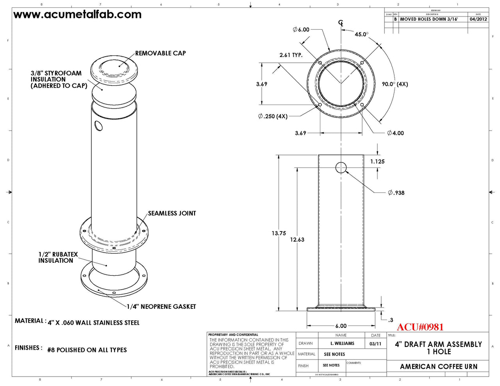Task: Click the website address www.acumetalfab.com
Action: click(x=77, y=15)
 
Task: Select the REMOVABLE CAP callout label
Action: click(x=160, y=53)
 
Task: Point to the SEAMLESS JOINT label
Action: click(x=172, y=213)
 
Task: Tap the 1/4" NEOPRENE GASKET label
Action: click(x=161, y=307)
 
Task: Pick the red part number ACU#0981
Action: click(x=420, y=327)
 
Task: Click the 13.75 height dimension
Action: click(x=279, y=233)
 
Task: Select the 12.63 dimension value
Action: click(x=297, y=240)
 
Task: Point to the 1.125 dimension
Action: click(x=377, y=161)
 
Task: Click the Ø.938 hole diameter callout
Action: click(x=396, y=193)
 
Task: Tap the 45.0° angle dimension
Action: click(x=361, y=34)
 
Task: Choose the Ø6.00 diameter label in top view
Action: click(x=301, y=30)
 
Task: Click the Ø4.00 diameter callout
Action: click(x=395, y=133)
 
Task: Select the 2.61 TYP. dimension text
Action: click(x=291, y=55)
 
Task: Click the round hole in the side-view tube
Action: click(x=341, y=167)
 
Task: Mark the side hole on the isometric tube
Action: click(x=98, y=126)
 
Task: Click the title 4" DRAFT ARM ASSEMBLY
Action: click(x=438, y=344)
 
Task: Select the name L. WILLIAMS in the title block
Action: click(x=342, y=343)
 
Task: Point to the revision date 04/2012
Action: click(x=478, y=19)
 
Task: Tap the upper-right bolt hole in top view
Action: click(x=362, y=63)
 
